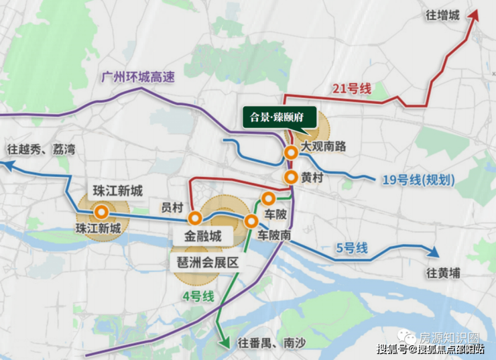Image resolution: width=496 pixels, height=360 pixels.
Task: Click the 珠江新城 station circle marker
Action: (x=102, y=212)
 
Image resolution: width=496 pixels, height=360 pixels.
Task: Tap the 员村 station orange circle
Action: (x=195, y=219)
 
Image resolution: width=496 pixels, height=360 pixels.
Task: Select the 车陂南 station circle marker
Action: (x=252, y=221)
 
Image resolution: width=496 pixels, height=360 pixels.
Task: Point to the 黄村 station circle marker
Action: (x=291, y=178)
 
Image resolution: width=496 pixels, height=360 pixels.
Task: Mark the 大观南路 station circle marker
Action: (x=291, y=153)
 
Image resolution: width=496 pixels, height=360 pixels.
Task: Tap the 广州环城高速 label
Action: (x=137, y=77)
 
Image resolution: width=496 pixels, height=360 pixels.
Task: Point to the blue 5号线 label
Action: (x=352, y=249)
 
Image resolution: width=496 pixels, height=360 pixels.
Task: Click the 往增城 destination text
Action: (x=443, y=15)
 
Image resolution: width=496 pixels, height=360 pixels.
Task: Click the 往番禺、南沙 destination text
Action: (x=271, y=342)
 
